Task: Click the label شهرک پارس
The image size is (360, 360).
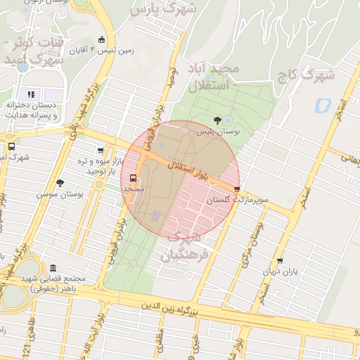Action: pyautogui.click(x=170, y=11)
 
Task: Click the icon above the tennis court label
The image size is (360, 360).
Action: pyautogui.click(x=102, y=39)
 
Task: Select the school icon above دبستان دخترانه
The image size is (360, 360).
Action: pyautogui.click(x=31, y=94)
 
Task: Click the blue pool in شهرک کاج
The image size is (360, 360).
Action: pyautogui.click(x=323, y=105)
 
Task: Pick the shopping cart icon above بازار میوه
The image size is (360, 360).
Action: pyautogui.click(x=101, y=150)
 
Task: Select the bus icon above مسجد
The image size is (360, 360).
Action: pyautogui.click(x=134, y=178)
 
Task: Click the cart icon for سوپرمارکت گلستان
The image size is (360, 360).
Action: pyautogui.click(x=237, y=188)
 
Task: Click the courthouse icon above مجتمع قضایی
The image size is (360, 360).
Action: pyautogui.click(x=54, y=268)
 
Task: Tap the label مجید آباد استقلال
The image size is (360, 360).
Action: pyautogui.click(x=214, y=77)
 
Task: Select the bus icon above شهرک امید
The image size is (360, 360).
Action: pyautogui.click(x=11, y=146)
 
